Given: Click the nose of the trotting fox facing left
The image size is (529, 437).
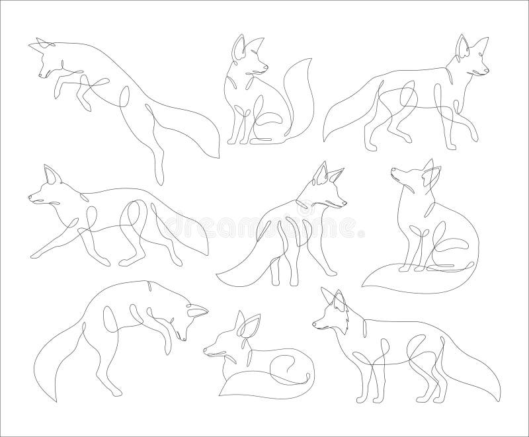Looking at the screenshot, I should click(x=30, y=196).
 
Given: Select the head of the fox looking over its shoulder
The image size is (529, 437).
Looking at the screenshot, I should click(x=327, y=188).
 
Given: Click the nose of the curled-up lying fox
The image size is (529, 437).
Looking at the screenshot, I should click(x=205, y=351).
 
